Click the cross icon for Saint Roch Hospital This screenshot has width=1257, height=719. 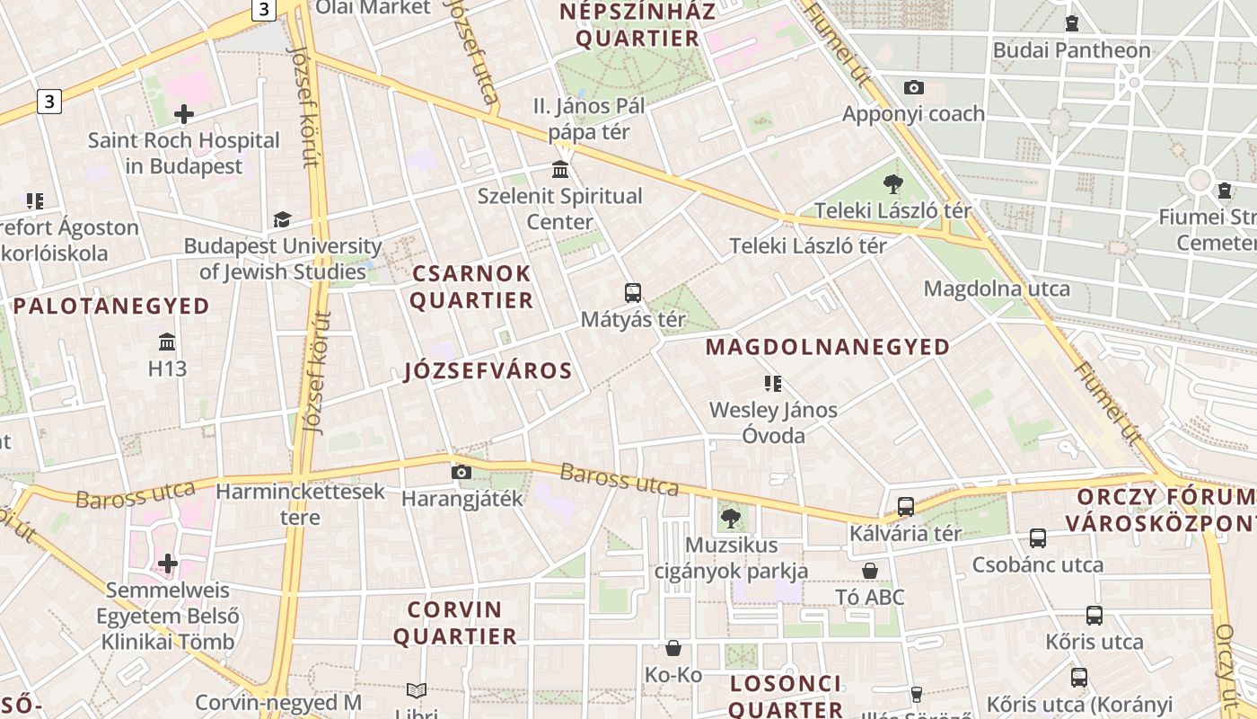point(184,114)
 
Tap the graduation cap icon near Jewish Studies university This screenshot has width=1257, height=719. point(282,219)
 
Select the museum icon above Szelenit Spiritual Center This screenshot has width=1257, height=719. point(560,169)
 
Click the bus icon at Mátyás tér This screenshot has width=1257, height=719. point(633,292)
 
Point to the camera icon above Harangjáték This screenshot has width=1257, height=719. point(461,472)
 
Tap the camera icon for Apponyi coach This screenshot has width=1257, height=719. point(914,87)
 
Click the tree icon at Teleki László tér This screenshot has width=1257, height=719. point(892,184)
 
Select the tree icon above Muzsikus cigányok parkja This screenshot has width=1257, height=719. point(730,518)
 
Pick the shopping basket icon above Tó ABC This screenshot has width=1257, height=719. point(870,571)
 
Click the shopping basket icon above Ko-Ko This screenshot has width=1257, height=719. point(673,648)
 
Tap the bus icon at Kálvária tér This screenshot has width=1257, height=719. point(906,506)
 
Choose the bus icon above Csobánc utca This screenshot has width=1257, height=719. point(1038,538)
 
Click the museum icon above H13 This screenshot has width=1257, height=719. point(167,342)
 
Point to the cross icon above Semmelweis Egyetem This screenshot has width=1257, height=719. point(167,564)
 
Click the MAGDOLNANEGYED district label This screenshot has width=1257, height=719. point(827,347)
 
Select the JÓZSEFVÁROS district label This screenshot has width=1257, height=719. point(488,371)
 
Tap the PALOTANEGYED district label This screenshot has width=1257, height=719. point(111,306)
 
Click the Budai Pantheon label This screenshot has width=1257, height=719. point(1071,50)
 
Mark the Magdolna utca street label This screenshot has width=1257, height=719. point(997,288)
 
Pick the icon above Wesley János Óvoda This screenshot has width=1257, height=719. point(772,384)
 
